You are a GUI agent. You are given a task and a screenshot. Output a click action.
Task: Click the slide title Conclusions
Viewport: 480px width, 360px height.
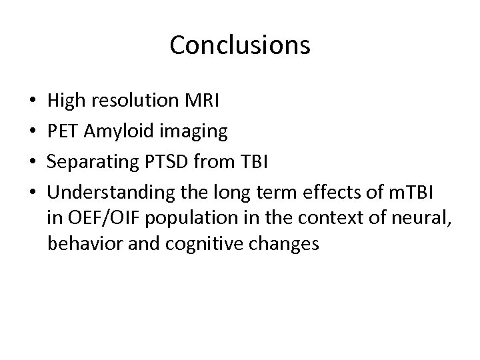tap(240, 45)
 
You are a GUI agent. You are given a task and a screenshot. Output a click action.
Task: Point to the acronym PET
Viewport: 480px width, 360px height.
tap(63, 132)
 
